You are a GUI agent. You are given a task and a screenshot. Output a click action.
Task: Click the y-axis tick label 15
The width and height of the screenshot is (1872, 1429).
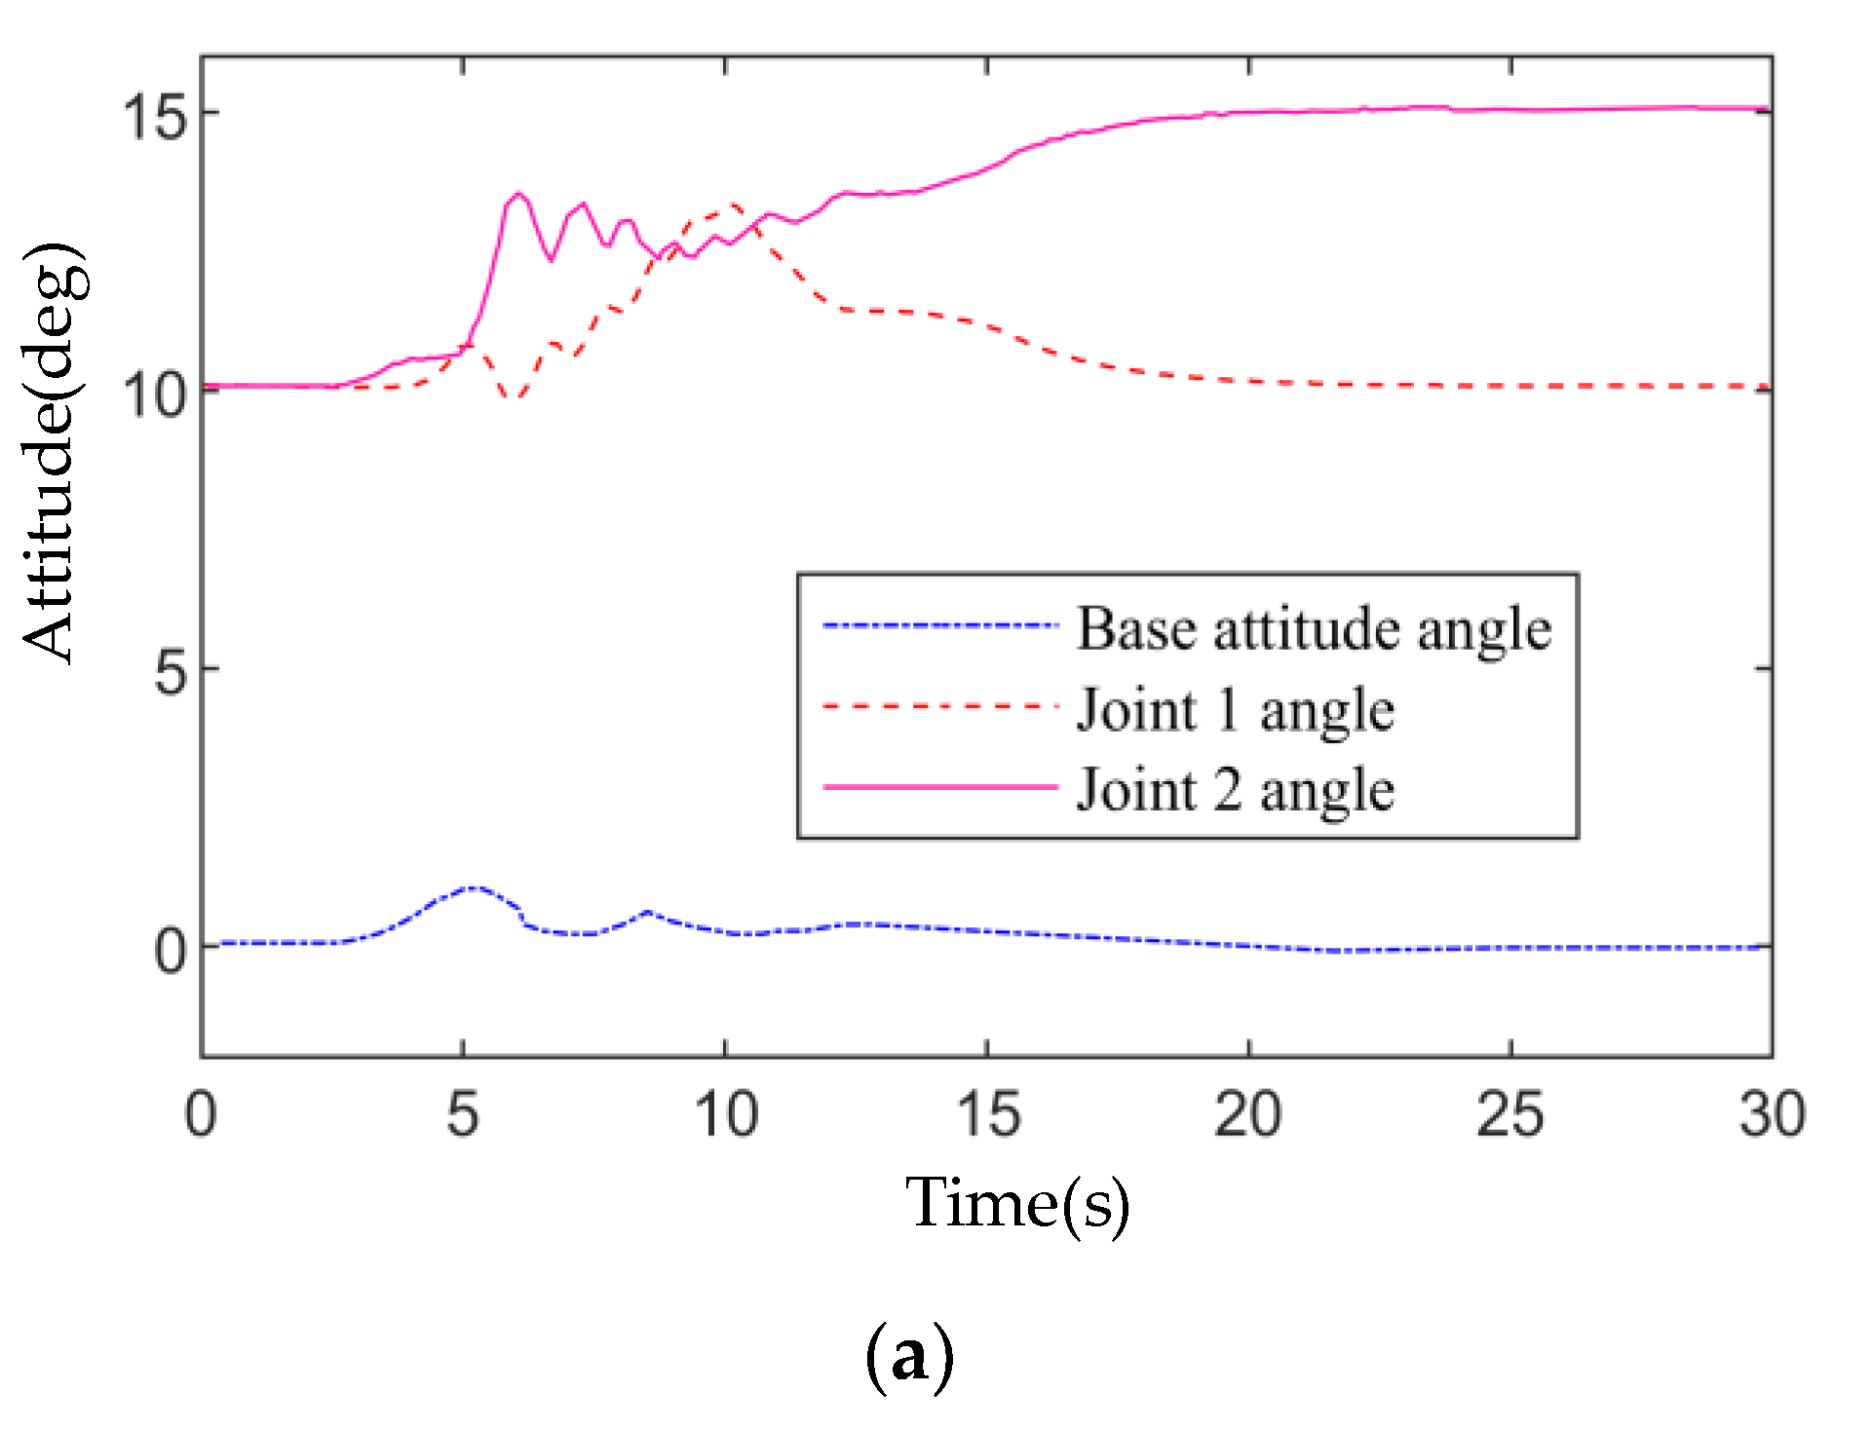[153, 116]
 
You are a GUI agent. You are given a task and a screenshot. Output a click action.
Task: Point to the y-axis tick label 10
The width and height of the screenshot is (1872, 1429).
[153, 394]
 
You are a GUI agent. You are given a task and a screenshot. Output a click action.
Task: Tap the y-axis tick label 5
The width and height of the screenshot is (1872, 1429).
[171, 671]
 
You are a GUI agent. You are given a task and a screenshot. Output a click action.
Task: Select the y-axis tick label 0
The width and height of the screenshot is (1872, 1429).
[171, 950]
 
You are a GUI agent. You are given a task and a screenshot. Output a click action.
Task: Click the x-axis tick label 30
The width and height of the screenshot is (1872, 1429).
[1772, 1113]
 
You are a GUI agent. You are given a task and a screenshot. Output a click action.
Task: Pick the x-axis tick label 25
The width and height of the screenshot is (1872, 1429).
[1509, 1113]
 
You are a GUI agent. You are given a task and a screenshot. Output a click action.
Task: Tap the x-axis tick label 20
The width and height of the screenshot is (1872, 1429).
[1247, 1113]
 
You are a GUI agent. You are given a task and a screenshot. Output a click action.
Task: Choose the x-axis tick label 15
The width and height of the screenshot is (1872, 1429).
[987, 1113]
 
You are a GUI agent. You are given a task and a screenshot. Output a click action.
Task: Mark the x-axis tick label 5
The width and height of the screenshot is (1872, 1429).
[463, 1113]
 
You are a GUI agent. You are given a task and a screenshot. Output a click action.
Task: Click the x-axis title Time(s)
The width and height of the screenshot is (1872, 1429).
[1017, 1204]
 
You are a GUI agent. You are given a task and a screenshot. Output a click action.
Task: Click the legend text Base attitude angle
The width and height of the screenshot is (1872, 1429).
[1313, 628]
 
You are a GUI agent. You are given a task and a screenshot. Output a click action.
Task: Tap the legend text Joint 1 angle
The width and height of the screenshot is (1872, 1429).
[1235, 709]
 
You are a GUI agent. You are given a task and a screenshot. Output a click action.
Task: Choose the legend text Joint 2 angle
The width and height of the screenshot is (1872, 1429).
[1235, 790]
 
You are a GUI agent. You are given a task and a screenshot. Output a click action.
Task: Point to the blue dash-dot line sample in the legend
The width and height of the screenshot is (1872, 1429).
[939, 625]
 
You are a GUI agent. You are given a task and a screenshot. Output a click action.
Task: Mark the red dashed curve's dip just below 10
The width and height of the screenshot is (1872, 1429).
[516, 397]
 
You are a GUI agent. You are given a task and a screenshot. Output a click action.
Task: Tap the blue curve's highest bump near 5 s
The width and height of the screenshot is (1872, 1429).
[474, 887]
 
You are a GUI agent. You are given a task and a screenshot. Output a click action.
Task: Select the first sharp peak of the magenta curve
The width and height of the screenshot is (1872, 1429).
[518, 193]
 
